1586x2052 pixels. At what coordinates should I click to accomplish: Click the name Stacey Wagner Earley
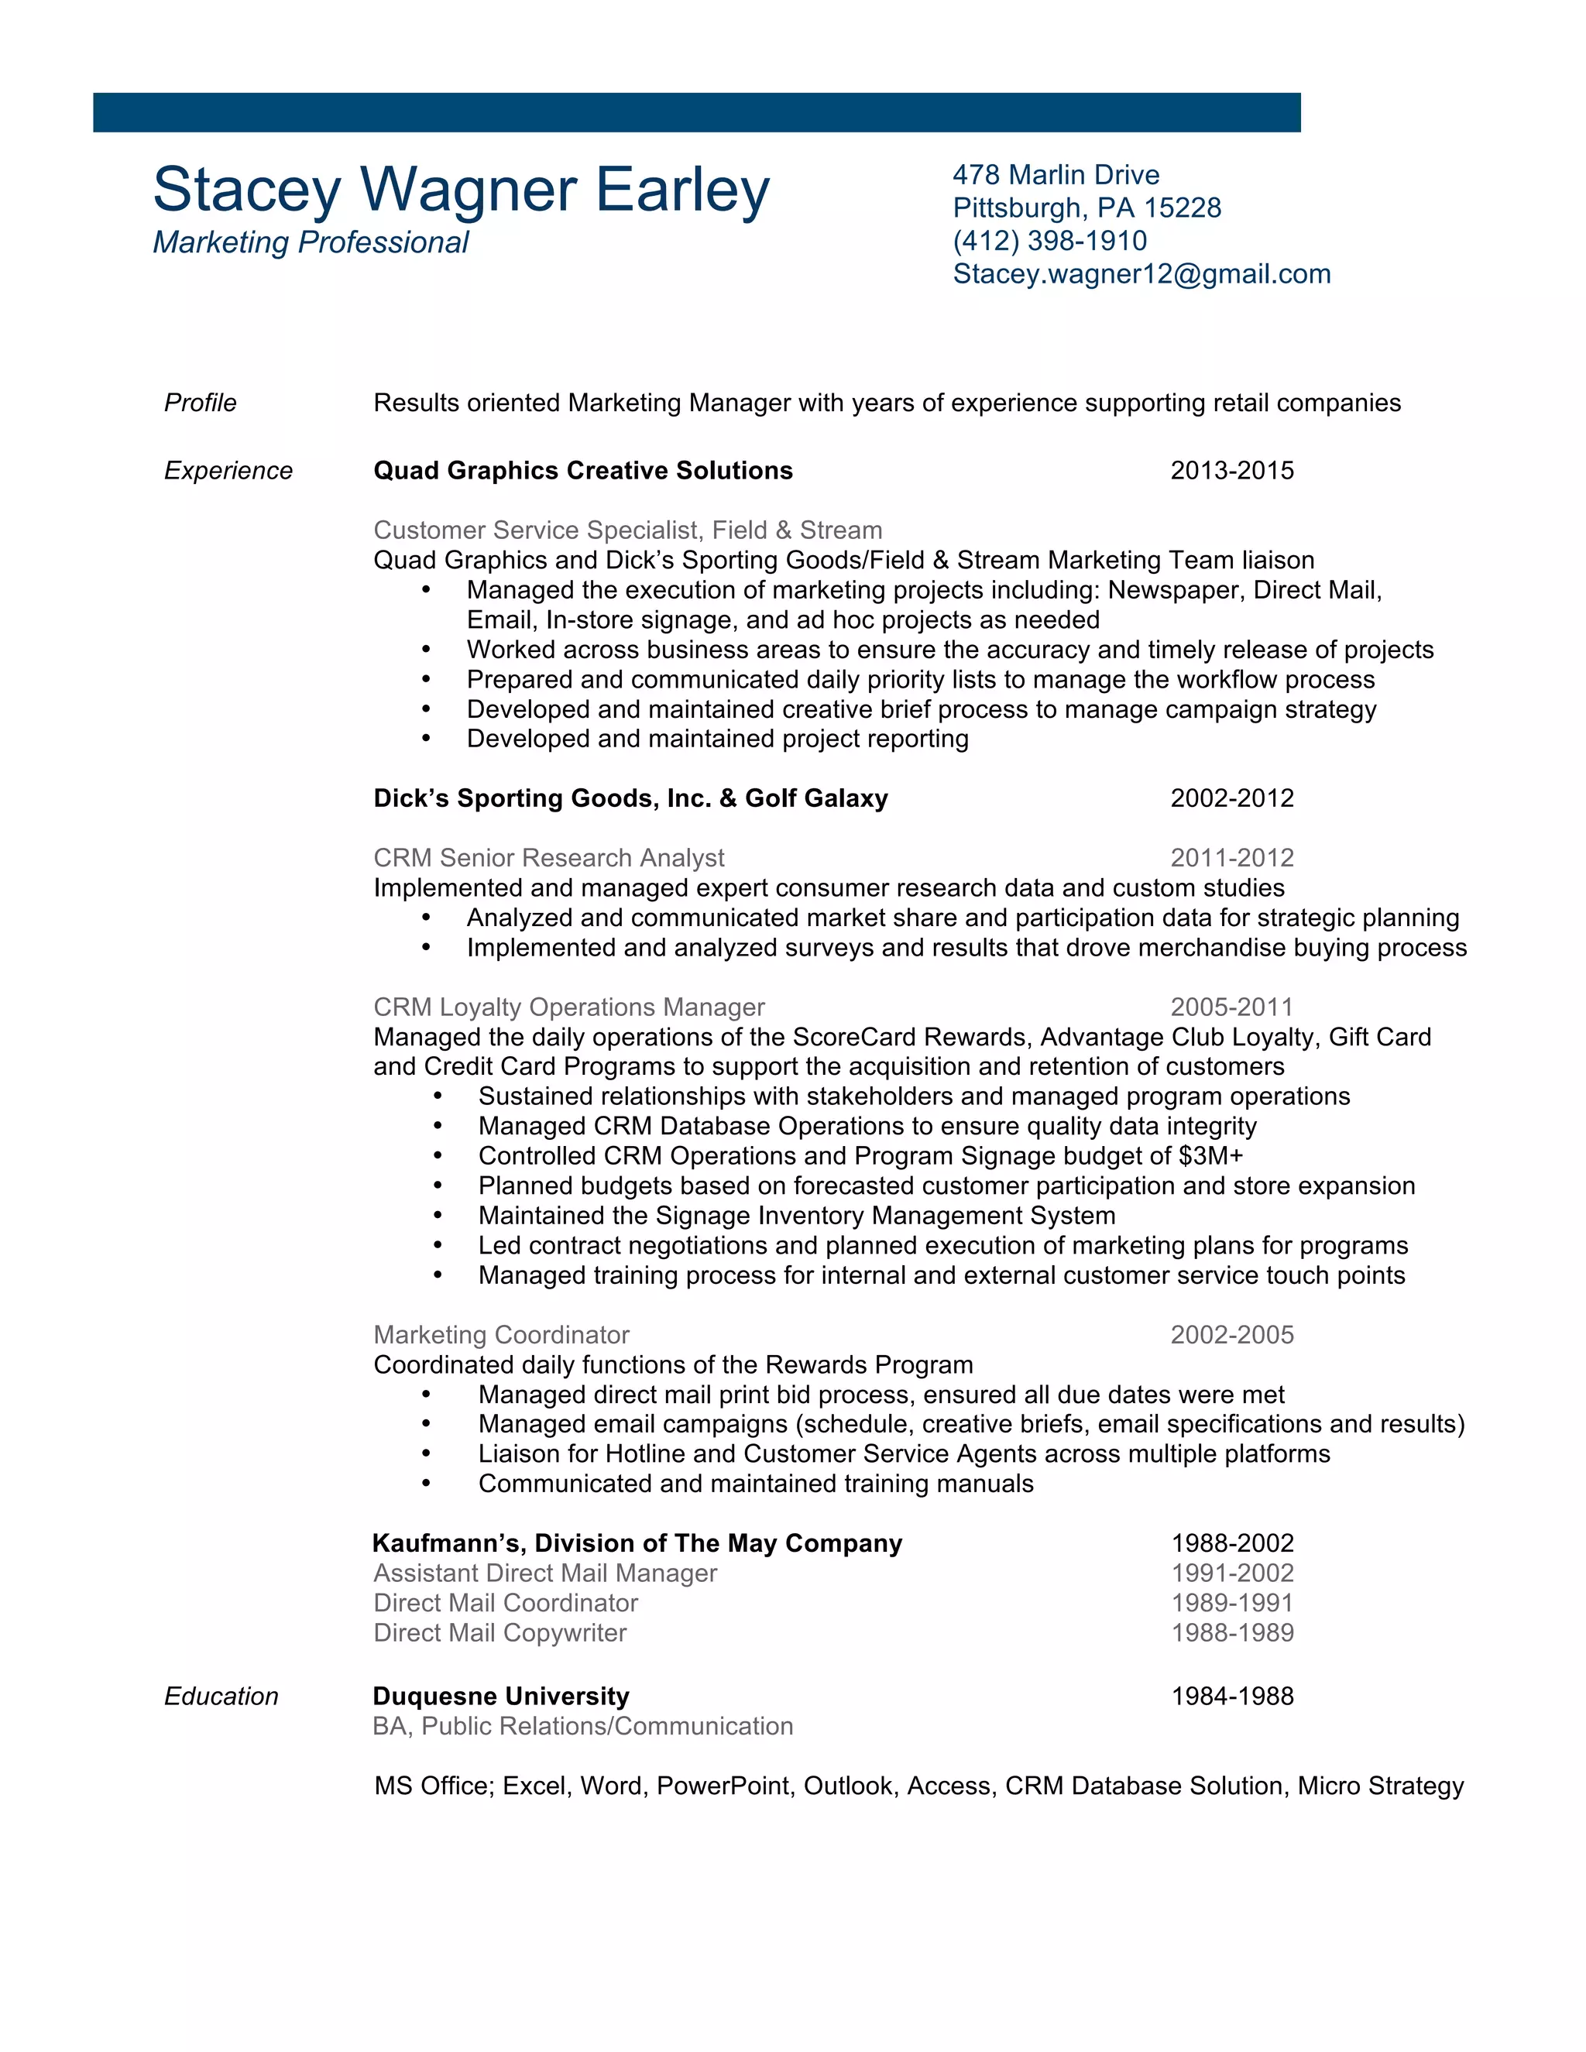[461, 190]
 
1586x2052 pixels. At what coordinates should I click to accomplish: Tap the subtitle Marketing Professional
[310, 242]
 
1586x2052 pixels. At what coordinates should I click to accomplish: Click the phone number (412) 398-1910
[1049, 241]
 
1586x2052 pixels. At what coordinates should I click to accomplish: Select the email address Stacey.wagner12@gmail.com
[1141, 273]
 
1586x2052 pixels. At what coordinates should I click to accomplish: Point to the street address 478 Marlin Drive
[1056, 175]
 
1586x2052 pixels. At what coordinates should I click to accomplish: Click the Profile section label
[200, 403]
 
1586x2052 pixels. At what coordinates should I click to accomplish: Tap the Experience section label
[228, 471]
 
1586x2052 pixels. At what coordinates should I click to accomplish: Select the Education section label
[221, 1696]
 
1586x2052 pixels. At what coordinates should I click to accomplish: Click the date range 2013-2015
[1232, 471]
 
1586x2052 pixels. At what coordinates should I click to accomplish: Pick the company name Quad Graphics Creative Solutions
[582, 471]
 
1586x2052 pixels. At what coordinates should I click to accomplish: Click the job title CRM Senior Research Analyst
[549, 858]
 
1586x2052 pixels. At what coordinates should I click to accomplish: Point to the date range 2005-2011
[1232, 1007]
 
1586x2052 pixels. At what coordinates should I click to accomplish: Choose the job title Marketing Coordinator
[501, 1335]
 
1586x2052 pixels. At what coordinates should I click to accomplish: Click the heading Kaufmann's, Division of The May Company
[637, 1544]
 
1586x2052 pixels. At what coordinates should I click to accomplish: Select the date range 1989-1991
[1232, 1603]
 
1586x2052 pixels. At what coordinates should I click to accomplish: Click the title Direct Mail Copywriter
[499, 1633]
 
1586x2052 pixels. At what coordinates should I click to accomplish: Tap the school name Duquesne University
[501, 1696]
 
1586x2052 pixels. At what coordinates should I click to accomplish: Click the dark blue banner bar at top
[696, 113]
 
